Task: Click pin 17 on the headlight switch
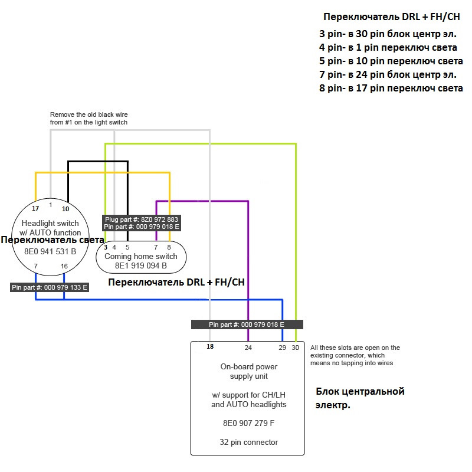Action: (35, 209)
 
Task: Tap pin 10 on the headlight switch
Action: (65, 209)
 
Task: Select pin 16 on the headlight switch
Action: (64, 267)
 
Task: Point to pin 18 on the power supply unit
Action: (210, 347)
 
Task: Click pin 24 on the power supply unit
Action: (248, 348)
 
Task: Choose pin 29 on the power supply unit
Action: (283, 348)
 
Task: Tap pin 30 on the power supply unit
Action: (296, 348)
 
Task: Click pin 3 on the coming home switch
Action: (106, 247)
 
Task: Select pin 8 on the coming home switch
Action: (169, 247)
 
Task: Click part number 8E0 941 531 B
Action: (50, 251)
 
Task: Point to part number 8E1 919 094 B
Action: (140, 266)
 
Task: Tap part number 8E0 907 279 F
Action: (248, 423)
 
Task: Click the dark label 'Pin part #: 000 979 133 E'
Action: (50, 288)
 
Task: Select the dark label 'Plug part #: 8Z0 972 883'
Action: (142, 219)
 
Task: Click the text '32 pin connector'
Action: (248, 442)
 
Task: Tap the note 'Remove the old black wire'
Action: (88, 114)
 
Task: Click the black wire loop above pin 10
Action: (98, 161)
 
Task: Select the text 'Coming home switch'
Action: (140, 257)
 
